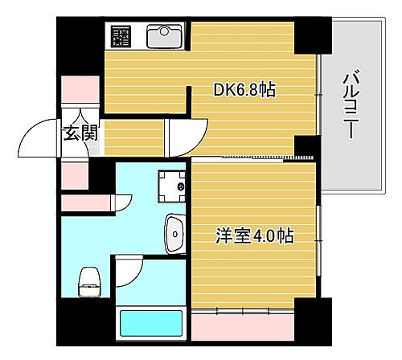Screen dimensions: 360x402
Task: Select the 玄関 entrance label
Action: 81,133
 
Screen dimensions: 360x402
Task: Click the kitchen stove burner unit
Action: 121,36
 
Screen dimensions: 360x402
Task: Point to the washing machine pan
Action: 171,186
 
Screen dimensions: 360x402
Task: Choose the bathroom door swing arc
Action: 129,269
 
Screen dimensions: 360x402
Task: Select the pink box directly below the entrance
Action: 76,173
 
